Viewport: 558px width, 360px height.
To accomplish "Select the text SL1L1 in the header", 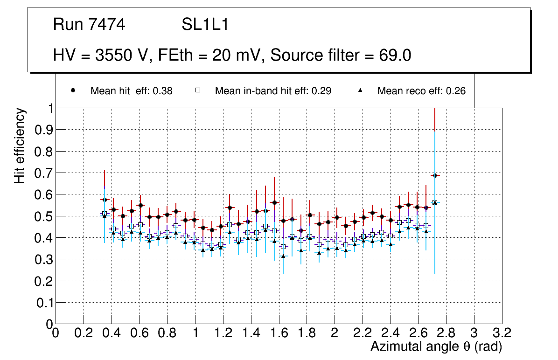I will [205, 25].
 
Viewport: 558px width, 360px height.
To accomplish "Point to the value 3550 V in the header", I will [123, 55].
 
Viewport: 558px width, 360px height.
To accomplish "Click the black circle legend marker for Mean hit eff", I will [73, 91].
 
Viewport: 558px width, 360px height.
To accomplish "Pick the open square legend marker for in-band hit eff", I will [198, 91].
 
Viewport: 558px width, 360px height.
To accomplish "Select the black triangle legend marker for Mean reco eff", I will [360, 91].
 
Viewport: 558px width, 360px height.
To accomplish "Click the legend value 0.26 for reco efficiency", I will [456, 91].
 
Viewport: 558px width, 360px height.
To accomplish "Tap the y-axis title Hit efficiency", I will [20, 145].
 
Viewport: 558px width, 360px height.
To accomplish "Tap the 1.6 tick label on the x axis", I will [279, 334].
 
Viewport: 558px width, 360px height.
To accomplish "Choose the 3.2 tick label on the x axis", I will [502, 334].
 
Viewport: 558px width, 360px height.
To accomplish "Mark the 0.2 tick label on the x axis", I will [84, 334].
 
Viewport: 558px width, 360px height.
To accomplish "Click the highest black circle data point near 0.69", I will [435, 175].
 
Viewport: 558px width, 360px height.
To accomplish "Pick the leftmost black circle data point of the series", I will [105, 200].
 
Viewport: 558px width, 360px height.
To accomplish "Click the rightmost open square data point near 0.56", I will [435, 202].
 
